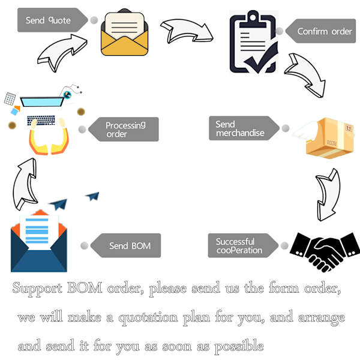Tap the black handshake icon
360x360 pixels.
coord(325,251)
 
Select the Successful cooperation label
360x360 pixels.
coord(239,245)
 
